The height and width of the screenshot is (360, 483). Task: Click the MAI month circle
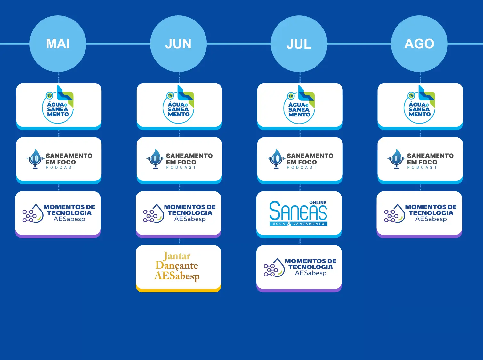(x=58, y=44)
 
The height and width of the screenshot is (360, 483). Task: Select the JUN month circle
(x=178, y=44)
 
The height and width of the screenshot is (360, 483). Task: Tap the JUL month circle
(x=299, y=44)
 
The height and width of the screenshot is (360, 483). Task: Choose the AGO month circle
(x=419, y=44)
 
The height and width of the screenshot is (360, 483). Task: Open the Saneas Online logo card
(x=299, y=213)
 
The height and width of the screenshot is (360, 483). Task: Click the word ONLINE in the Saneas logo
(x=318, y=203)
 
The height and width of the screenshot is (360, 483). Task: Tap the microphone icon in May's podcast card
(x=35, y=159)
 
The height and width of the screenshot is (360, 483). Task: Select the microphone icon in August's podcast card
(x=396, y=159)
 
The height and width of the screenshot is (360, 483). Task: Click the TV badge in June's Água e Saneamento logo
(x=170, y=95)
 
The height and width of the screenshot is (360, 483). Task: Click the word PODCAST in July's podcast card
(x=302, y=167)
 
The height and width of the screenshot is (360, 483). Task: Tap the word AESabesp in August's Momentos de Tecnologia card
(x=431, y=219)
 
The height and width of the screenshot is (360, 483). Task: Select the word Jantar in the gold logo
(x=177, y=256)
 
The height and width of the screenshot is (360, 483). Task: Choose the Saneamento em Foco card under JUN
(x=179, y=159)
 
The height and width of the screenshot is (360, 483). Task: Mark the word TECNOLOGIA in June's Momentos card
(x=190, y=213)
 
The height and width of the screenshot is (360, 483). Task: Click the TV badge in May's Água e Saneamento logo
(x=50, y=95)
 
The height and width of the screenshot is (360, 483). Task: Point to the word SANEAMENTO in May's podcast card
(x=69, y=156)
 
